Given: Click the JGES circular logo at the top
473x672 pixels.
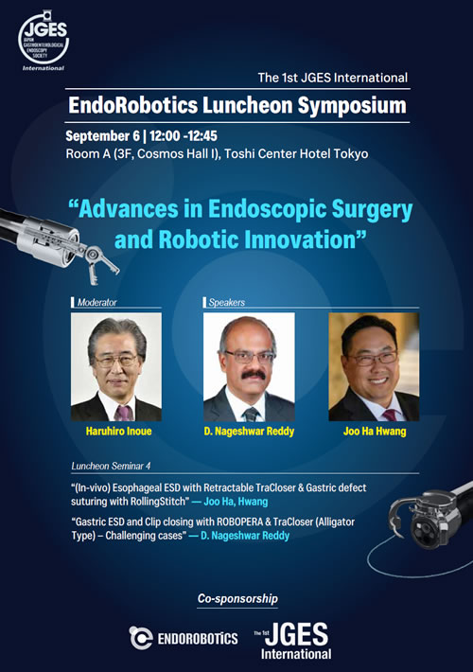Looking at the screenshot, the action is (x=44, y=39).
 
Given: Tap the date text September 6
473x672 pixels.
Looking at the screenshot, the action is (x=103, y=136).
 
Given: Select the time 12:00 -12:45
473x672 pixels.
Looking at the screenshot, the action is (x=184, y=136).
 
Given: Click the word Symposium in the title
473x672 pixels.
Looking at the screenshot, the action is (x=352, y=105).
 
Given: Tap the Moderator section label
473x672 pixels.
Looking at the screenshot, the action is (x=96, y=303).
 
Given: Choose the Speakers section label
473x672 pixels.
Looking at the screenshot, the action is (x=227, y=303).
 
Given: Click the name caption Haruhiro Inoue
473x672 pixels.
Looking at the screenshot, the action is (x=118, y=432).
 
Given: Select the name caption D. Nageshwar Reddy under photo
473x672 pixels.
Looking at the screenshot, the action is (x=249, y=432).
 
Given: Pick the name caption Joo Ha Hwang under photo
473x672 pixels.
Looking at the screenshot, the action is (x=375, y=432).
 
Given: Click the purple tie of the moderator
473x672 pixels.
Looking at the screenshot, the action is (x=123, y=414).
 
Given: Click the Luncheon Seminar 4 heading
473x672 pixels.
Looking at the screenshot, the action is (x=111, y=466).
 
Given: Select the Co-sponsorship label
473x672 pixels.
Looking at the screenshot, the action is (x=237, y=599).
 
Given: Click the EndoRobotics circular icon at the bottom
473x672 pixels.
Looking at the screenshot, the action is (x=141, y=638).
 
